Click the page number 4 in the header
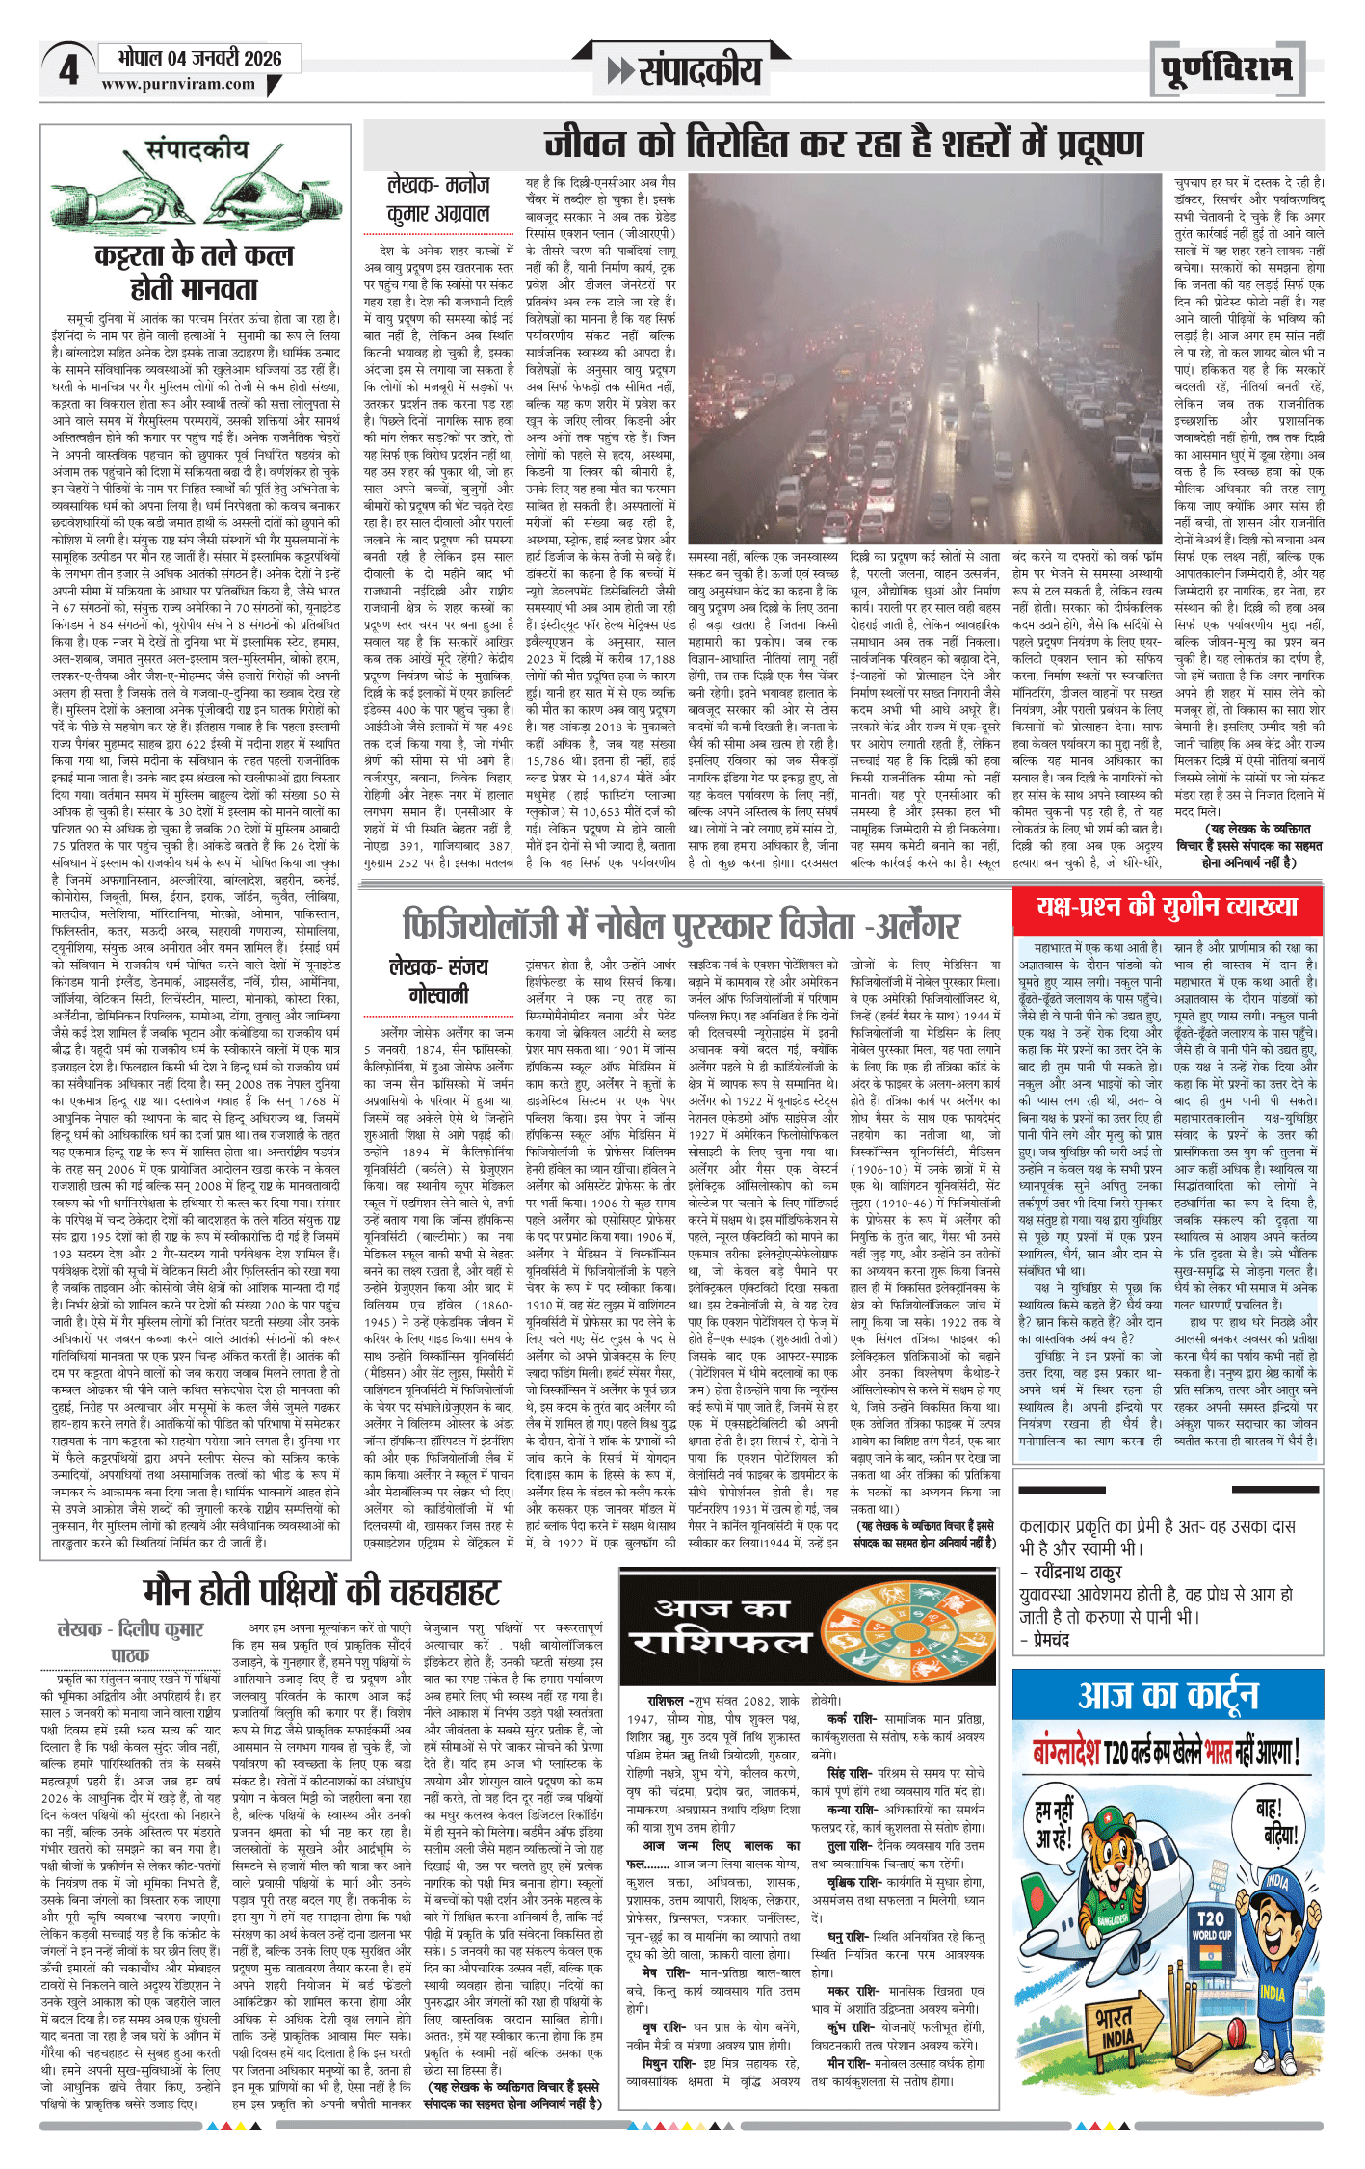[68, 71]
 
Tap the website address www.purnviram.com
[178, 85]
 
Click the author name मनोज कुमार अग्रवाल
[438, 198]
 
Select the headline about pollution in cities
[844, 145]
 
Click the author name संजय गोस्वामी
[438, 980]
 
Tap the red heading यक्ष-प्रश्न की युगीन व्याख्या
[1167, 907]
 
